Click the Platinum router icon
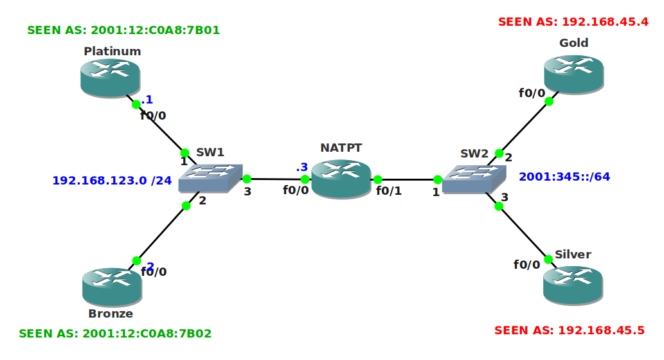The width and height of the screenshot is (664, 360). click(x=111, y=78)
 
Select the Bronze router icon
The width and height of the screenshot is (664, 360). click(x=112, y=287)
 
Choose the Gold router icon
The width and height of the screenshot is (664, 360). click(x=573, y=74)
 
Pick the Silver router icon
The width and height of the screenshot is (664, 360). click(x=573, y=284)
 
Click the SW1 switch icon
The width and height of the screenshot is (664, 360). click(x=210, y=178)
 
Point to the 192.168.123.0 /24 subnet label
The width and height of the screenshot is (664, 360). click(x=112, y=181)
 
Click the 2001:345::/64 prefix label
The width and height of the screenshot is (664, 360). click(x=564, y=177)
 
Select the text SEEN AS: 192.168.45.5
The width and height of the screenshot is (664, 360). click(x=569, y=330)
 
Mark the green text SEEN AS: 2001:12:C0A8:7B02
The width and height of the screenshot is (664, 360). click(x=115, y=334)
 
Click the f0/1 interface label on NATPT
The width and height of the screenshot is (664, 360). click(x=389, y=191)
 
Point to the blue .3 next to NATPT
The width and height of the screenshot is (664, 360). click(x=301, y=167)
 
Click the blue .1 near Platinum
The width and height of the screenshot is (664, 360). click(x=147, y=99)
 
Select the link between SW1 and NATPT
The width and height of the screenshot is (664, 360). click(x=275, y=179)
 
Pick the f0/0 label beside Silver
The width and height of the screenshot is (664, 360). click(x=526, y=264)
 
